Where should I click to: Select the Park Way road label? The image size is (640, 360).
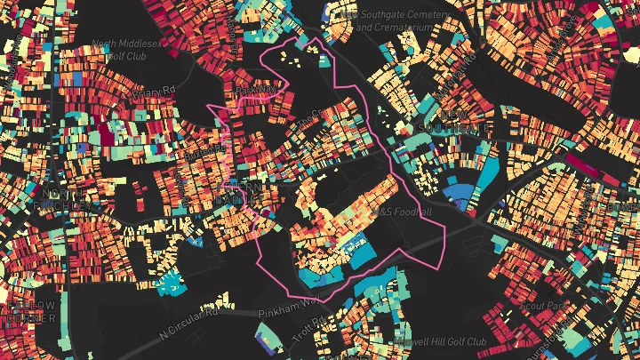click(x=257, y=90)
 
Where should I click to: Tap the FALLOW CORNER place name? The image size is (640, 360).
click(x=31, y=312)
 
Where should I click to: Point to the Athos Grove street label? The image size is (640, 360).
click(x=312, y=118)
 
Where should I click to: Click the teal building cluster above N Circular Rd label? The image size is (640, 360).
click(x=169, y=285)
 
